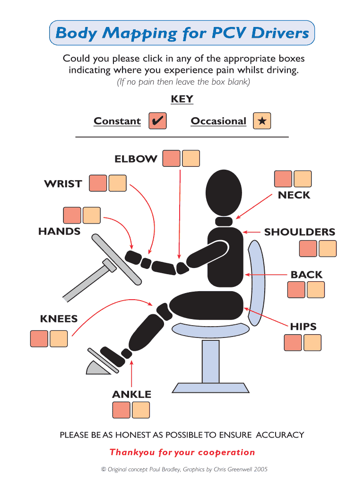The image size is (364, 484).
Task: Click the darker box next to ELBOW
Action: coord(171,159)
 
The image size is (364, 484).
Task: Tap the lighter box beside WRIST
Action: coord(117,183)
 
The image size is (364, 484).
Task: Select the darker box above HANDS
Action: coord(72,216)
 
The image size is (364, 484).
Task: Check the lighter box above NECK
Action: coord(303,179)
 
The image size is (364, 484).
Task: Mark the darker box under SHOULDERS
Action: coord(308,249)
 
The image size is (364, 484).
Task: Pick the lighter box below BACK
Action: coord(316,290)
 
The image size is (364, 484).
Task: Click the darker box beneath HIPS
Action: coord(293,342)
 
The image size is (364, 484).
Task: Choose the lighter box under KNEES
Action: coord(59,339)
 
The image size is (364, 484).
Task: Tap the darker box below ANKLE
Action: coord(121,410)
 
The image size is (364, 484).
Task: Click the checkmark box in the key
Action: coord(157,121)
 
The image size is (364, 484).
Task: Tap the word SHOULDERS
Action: coord(299,232)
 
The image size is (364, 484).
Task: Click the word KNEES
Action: coord(59,319)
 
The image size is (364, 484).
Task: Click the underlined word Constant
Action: coord(117,121)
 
